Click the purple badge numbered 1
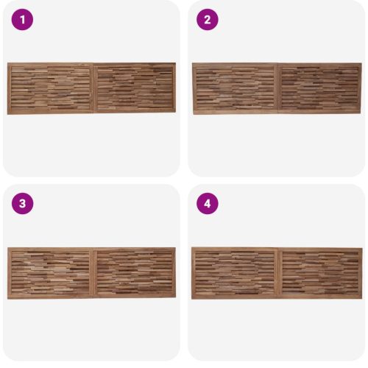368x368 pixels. (22, 20)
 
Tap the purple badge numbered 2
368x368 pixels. (208, 20)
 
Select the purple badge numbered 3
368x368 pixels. (22, 204)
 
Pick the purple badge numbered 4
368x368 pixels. (208, 204)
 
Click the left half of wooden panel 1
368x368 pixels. (50, 88)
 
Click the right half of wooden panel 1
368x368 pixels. (135, 88)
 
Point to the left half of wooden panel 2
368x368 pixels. (235, 88)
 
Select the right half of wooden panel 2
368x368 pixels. (320, 88)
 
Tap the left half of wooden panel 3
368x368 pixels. (50, 273)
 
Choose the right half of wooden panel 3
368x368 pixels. (135, 272)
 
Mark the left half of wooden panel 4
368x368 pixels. (235, 273)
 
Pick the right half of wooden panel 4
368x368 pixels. (320, 273)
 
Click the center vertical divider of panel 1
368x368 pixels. (93, 88)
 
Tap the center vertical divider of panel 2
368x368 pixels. (278, 88)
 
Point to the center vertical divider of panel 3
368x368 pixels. (93, 273)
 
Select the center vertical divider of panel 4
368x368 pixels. (278, 273)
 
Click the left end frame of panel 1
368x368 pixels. (10, 88)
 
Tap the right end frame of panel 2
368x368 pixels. (360, 88)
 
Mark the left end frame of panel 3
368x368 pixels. (10, 273)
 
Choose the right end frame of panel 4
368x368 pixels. (361, 273)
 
